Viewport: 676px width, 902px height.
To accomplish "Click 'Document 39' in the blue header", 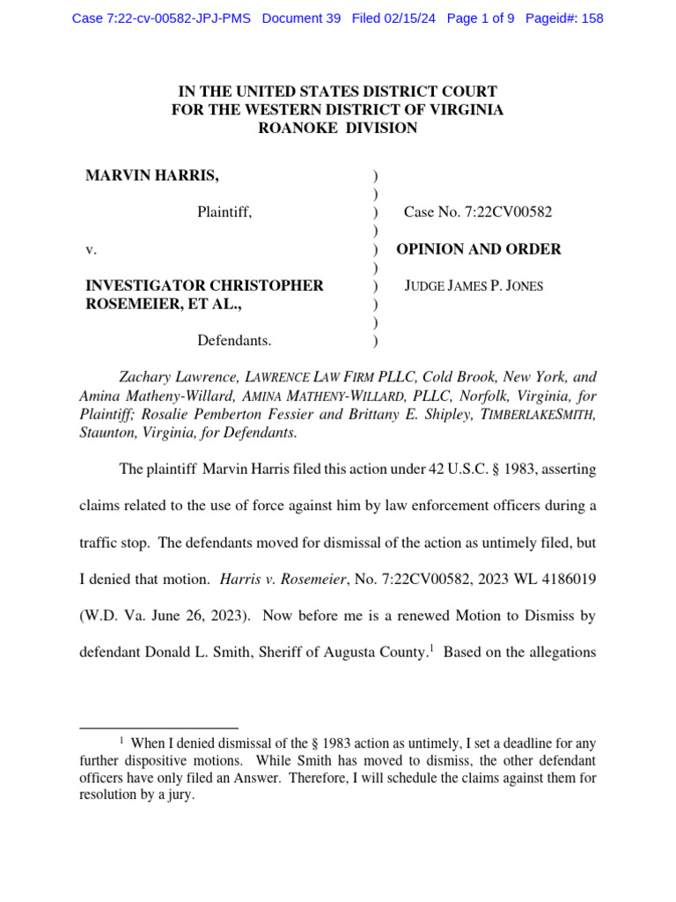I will pos(301,18).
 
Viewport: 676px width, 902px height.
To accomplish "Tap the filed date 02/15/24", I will pos(410,18).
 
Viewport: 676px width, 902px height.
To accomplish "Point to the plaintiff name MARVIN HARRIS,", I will pos(152,175).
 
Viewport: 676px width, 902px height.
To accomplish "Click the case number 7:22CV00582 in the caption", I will pos(513,212).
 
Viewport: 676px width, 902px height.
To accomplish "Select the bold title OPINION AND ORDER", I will pos(479,249).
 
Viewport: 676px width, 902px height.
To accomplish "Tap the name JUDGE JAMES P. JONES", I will pos(474,286).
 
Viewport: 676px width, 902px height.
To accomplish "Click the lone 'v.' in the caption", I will pos(91,249).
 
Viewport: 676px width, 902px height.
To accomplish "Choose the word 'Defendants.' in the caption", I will pos(234,340).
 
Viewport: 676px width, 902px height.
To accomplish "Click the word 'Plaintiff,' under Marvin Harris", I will pos(224,212).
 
